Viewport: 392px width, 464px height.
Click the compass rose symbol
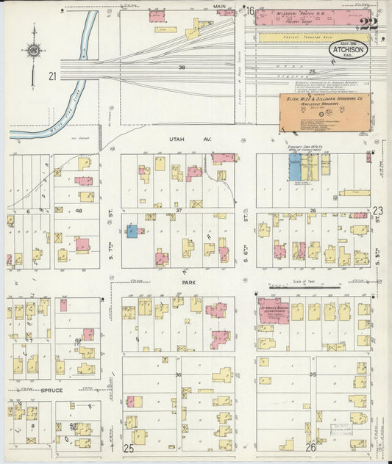point(33,51)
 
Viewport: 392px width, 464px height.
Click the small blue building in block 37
point(132,231)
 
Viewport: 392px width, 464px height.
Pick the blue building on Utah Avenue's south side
point(295,167)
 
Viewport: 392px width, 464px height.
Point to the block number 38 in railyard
point(182,67)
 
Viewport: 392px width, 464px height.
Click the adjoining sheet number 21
point(51,76)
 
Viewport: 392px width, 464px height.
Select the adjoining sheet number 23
point(377,209)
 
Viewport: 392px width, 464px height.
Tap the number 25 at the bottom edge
point(129,447)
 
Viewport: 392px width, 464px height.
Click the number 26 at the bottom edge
point(310,447)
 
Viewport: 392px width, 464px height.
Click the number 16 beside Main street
point(249,10)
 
